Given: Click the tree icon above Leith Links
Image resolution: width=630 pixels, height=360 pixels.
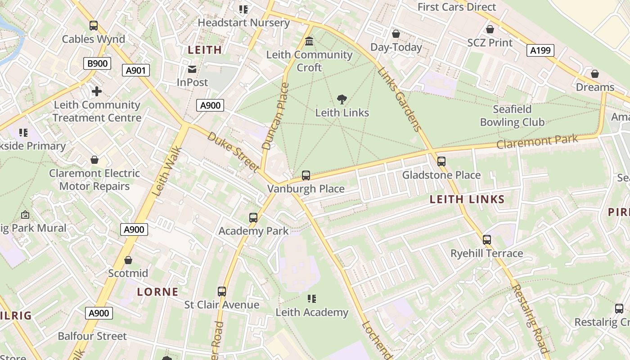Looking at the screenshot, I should pyautogui.click(x=342, y=99).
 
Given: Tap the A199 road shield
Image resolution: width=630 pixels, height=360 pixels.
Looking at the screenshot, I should pyautogui.click(x=540, y=50).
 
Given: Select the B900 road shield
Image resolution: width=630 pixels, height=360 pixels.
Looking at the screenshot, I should pyautogui.click(x=97, y=63).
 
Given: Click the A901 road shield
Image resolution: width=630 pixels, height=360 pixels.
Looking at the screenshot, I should pyautogui.click(x=135, y=70).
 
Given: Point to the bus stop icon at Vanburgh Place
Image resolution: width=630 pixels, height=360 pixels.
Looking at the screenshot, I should pyautogui.click(x=306, y=175).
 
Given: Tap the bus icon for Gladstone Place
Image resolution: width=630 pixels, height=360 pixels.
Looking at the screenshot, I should pyautogui.click(x=441, y=162).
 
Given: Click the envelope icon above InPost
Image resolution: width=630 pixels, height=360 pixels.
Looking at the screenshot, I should pyautogui.click(x=192, y=69).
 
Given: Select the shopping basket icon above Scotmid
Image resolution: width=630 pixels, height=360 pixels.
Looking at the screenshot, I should pyautogui.click(x=128, y=260).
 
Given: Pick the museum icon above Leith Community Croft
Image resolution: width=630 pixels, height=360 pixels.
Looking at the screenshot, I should pyautogui.click(x=309, y=41).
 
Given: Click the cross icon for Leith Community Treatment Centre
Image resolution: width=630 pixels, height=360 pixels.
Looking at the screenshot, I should pyautogui.click(x=97, y=92).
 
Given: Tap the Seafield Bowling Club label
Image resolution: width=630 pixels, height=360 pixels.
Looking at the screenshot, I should pyautogui.click(x=512, y=116).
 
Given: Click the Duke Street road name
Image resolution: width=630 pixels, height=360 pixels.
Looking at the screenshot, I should pyautogui.click(x=233, y=151).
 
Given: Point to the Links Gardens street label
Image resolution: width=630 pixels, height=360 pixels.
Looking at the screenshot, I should pyautogui.click(x=400, y=99).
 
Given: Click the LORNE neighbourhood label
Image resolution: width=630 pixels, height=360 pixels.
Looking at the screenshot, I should pyautogui.click(x=157, y=292).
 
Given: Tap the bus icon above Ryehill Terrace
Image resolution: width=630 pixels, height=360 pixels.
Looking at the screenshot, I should pyautogui.click(x=486, y=240).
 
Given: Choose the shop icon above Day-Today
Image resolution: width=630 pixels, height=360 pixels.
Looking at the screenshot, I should pyautogui.click(x=396, y=34).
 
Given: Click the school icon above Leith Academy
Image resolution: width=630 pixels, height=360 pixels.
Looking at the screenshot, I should pyautogui.click(x=312, y=299).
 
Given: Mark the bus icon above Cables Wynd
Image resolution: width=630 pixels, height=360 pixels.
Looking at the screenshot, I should pyautogui.click(x=94, y=26).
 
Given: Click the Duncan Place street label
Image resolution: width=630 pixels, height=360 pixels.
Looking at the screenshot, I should pyautogui.click(x=274, y=116).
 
